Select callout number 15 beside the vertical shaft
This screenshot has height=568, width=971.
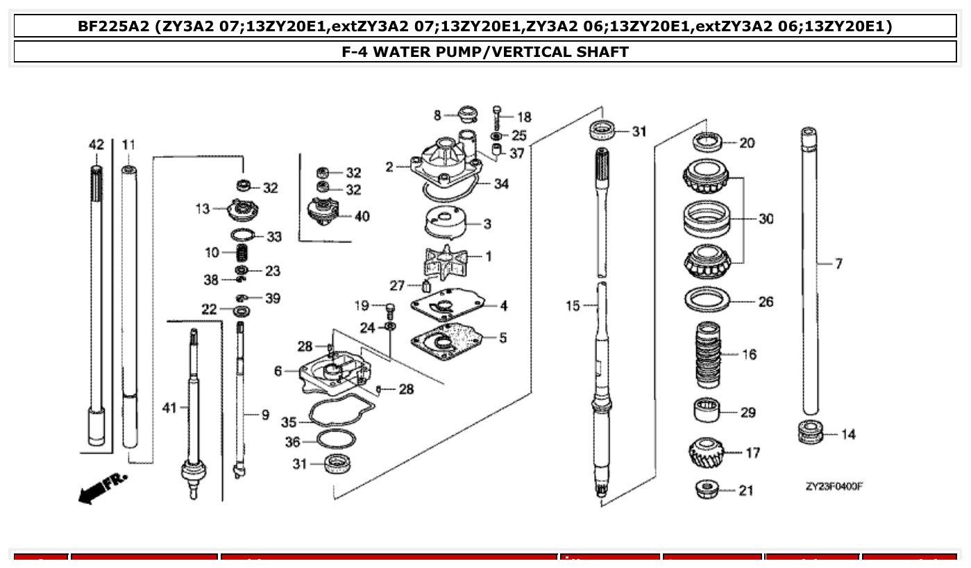coord(572,306)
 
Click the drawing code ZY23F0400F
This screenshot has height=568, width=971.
coord(834,487)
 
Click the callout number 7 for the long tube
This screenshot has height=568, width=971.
coord(838,264)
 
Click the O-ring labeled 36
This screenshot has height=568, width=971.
coord(336,440)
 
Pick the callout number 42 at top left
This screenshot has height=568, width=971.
coord(96,145)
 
